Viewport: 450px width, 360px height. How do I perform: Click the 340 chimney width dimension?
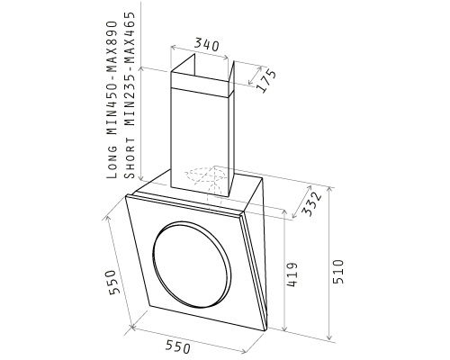(207, 44)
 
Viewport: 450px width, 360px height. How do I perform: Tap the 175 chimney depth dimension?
(265, 80)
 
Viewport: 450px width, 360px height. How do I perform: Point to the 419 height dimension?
(292, 274)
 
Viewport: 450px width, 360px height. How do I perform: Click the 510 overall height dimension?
(337, 272)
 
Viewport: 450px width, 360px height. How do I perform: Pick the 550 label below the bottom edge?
(178, 346)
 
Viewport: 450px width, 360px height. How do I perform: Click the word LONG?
(112, 162)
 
